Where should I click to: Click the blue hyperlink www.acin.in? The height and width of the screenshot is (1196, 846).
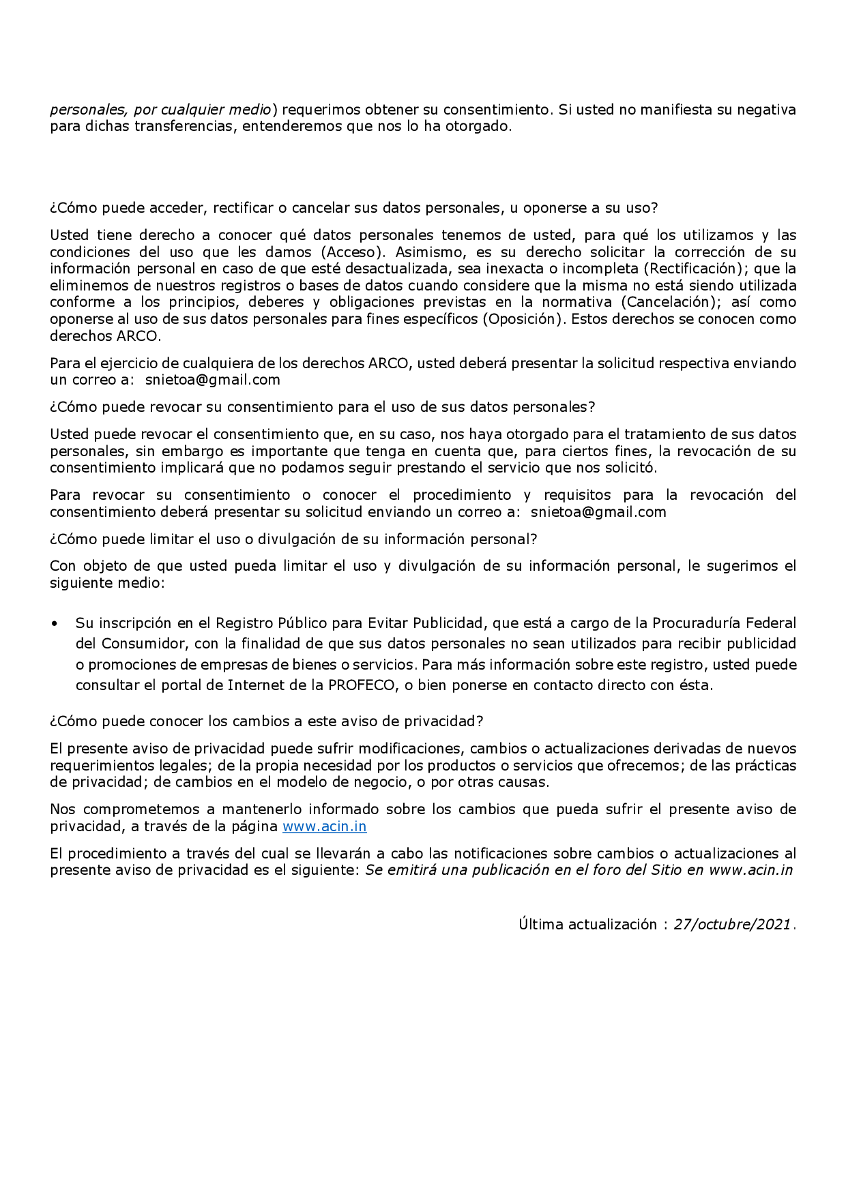324,826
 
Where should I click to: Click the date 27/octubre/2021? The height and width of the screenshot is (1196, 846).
732,925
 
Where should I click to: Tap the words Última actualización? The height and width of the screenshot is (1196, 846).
587,925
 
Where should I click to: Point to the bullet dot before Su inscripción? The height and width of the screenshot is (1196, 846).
55,623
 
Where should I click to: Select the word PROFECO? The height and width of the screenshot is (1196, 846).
362,685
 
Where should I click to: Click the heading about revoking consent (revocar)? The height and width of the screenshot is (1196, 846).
322,407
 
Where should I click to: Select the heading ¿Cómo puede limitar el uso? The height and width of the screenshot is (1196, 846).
293,539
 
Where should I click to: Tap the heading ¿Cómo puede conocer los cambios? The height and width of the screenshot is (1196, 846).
266,721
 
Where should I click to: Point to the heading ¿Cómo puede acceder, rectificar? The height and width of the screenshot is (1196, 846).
353,208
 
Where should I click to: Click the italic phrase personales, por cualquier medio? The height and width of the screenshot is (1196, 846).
161,110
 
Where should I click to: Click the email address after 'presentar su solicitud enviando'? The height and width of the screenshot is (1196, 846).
598,512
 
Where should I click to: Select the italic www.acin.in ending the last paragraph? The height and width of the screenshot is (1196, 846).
750,870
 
